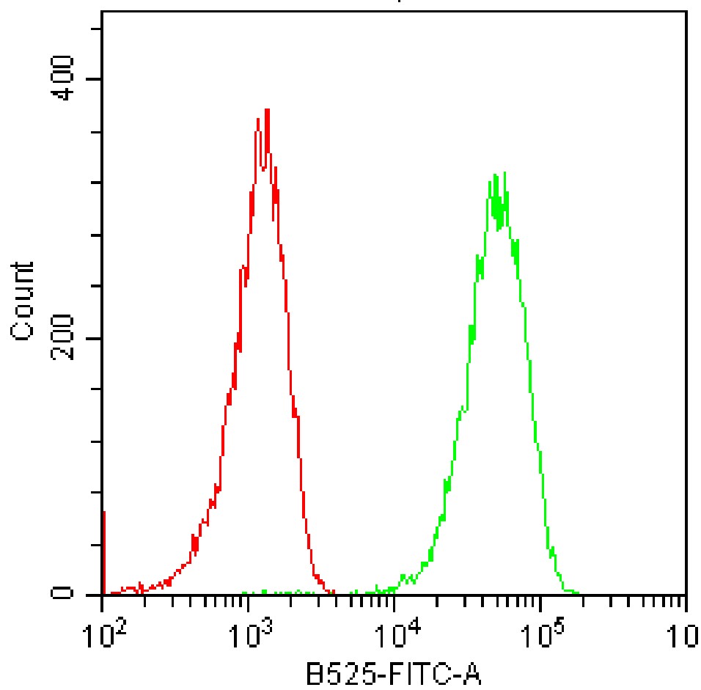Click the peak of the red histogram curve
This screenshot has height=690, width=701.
point(267,110)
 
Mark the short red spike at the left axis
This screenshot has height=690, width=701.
point(104,550)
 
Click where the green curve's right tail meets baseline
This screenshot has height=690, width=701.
point(576,592)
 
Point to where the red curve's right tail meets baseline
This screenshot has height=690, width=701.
point(332,592)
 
